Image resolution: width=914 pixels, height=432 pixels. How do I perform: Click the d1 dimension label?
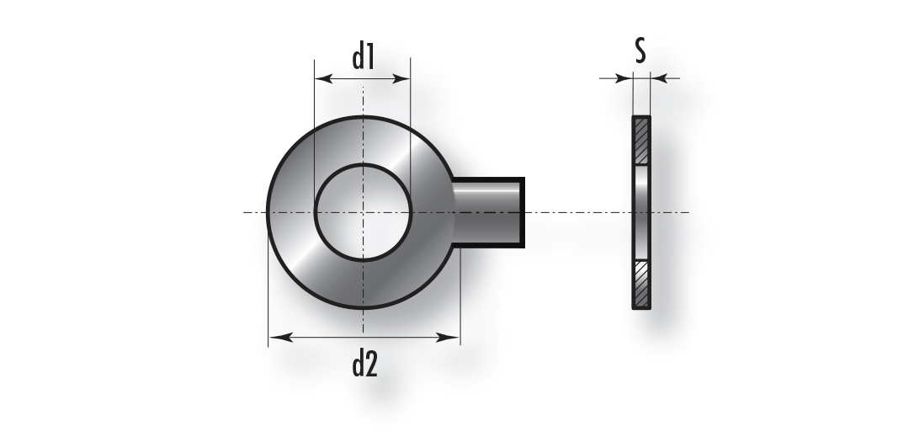[x=363, y=58]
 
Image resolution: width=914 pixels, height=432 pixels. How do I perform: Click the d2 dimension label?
[x=365, y=365]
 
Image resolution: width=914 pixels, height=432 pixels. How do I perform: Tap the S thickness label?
[x=640, y=51]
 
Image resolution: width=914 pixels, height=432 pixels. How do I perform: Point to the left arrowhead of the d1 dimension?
[x=323, y=78]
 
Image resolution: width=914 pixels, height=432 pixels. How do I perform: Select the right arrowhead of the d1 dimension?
[x=401, y=78]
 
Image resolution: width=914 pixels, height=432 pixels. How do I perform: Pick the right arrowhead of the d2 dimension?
[x=448, y=337]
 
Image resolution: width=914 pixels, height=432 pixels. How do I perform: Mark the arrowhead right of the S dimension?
[x=659, y=77]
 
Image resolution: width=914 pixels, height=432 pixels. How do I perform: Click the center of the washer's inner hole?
[x=363, y=212]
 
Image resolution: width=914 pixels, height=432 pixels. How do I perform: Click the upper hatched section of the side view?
[x=641, y=141]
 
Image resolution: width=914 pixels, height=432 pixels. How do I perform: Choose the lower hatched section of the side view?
[x=641, y=284]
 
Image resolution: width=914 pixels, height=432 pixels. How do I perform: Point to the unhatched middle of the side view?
[x=641, y=212]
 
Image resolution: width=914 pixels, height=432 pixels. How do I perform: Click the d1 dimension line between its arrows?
[x=363, y=78]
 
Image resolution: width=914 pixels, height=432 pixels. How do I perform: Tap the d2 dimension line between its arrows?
[x=364, y=337]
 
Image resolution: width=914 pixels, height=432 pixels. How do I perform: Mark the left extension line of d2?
[x=268, y=280]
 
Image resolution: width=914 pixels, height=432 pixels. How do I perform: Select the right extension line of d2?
[x=460, y=297]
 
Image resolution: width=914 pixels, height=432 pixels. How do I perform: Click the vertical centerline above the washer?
[x=363, y=101]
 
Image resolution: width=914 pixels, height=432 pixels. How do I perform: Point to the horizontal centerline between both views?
[x=578, y=212]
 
